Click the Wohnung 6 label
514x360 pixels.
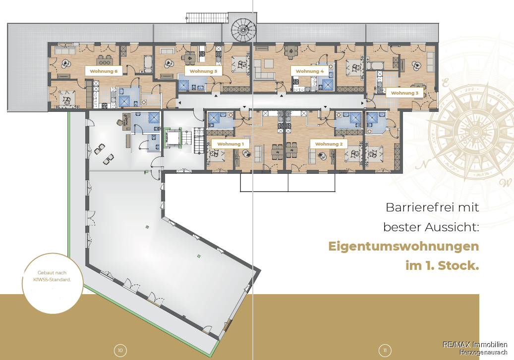(104, 71)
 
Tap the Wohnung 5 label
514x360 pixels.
(203, 71)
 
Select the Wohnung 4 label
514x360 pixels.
(309, 71)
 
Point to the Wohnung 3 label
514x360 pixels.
(404, 93)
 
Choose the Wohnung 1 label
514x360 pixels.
(230, 144)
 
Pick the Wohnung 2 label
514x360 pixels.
(329, 144)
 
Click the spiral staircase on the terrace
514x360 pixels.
(243, 30)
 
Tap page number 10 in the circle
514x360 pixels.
(120, 351)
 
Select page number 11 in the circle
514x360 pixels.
(385, 351)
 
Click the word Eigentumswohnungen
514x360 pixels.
(403, 246)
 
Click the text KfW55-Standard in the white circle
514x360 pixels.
(52, 280)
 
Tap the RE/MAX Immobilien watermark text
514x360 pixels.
(475, 345)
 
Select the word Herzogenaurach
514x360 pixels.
(483, 353)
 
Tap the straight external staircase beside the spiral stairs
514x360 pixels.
(207, 18)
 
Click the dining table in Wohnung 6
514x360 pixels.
(105, 60)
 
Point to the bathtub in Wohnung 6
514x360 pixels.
(148, 63)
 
